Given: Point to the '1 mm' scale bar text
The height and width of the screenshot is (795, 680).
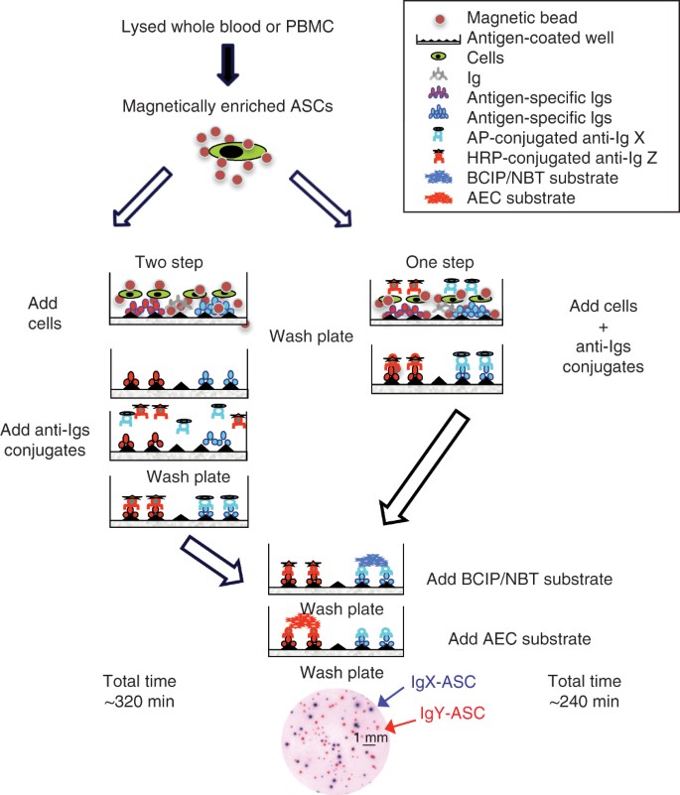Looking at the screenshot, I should tap(365, 738).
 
